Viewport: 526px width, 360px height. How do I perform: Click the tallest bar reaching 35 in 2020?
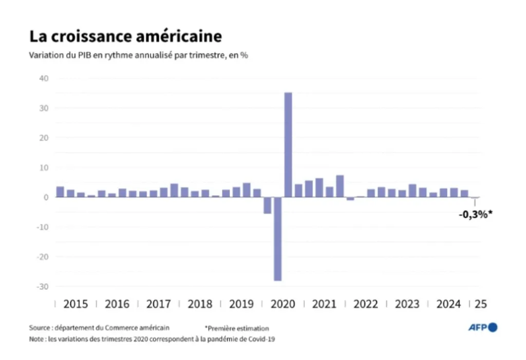coord(288,144)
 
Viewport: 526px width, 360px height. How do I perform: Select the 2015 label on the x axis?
coord(76,304)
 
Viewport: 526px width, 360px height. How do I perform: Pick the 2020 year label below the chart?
coord(283,304)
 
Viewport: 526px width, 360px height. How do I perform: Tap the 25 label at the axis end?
coord(481,304)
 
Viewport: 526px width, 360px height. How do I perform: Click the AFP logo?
coord(483,327)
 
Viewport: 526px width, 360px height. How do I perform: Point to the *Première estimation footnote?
coord(237,328)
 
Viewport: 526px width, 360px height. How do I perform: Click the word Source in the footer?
coord(40,328)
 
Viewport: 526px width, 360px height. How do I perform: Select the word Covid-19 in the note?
coord(262,339)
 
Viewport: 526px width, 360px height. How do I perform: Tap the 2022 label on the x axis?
coord(366,304)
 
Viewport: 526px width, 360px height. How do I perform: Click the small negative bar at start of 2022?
coord(350,199)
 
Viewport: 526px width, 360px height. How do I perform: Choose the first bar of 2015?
coord(60,192)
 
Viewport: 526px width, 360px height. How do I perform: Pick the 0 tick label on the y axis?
coord(46,197)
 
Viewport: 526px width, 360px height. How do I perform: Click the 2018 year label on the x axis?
coord(200,304)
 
